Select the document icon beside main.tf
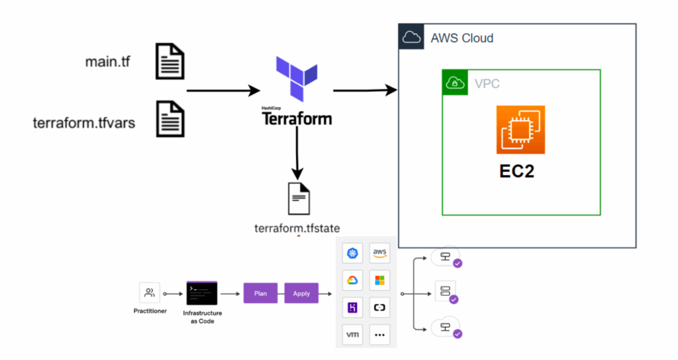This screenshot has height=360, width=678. tap(169, 62)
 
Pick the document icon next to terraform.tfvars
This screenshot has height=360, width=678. tap(169, 119)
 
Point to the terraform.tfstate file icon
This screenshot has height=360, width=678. tap(298, 199)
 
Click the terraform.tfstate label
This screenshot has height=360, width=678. tap(297, 229)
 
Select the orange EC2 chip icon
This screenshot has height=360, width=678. tap(520, 130)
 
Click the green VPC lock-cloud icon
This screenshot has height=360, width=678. tap(455, 82)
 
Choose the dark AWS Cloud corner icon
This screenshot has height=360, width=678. tap(411, 37)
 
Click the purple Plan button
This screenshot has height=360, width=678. tap(260, 293)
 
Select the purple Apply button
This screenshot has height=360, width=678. tap(301, 293)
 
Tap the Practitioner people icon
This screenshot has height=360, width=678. tap(150, 292)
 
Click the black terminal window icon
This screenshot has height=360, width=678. tap(202, 292)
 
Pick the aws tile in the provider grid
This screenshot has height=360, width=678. tap(379, 252)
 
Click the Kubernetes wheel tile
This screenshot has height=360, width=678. tap(353, 252)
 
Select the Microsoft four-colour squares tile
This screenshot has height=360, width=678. tap(379, 279)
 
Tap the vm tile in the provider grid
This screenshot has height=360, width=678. tap(353, 334)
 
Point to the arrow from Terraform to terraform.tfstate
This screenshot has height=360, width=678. tap(297, 152)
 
